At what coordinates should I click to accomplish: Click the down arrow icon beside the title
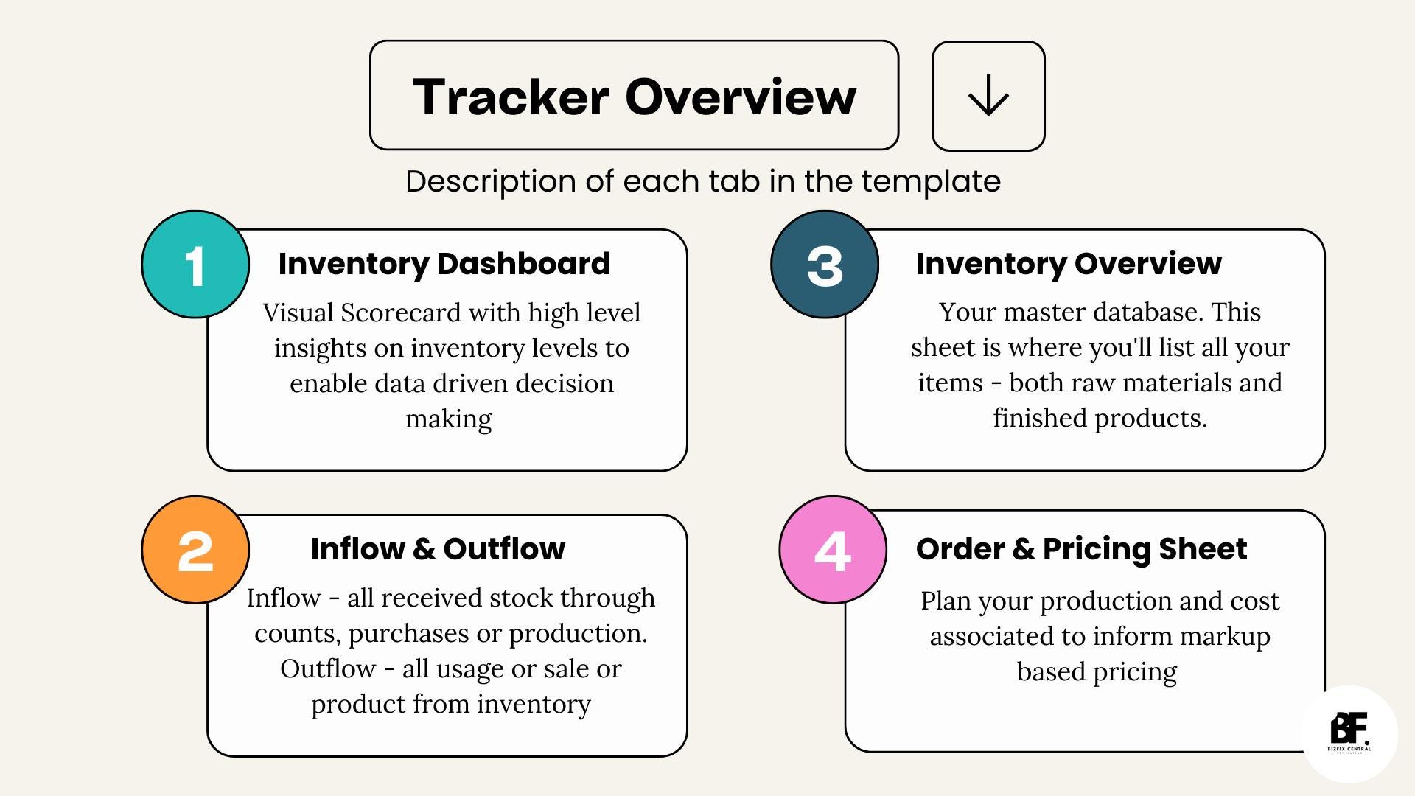988,96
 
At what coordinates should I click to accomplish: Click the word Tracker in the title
510,97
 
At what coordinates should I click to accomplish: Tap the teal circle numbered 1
195,265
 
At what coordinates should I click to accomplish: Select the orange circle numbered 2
195,550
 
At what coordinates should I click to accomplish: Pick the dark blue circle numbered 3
825,265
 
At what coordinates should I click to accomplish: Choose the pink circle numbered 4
833,550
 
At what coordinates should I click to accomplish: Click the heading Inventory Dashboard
444,263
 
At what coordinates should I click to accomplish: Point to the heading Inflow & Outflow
438,548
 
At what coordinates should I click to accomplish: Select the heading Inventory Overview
1069,263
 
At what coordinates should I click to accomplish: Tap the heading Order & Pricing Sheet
1081,548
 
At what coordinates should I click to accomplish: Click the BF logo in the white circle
1349,733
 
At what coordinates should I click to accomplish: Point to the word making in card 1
449,419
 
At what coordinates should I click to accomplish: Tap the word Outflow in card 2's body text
327,668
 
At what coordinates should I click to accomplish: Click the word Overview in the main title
741,97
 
